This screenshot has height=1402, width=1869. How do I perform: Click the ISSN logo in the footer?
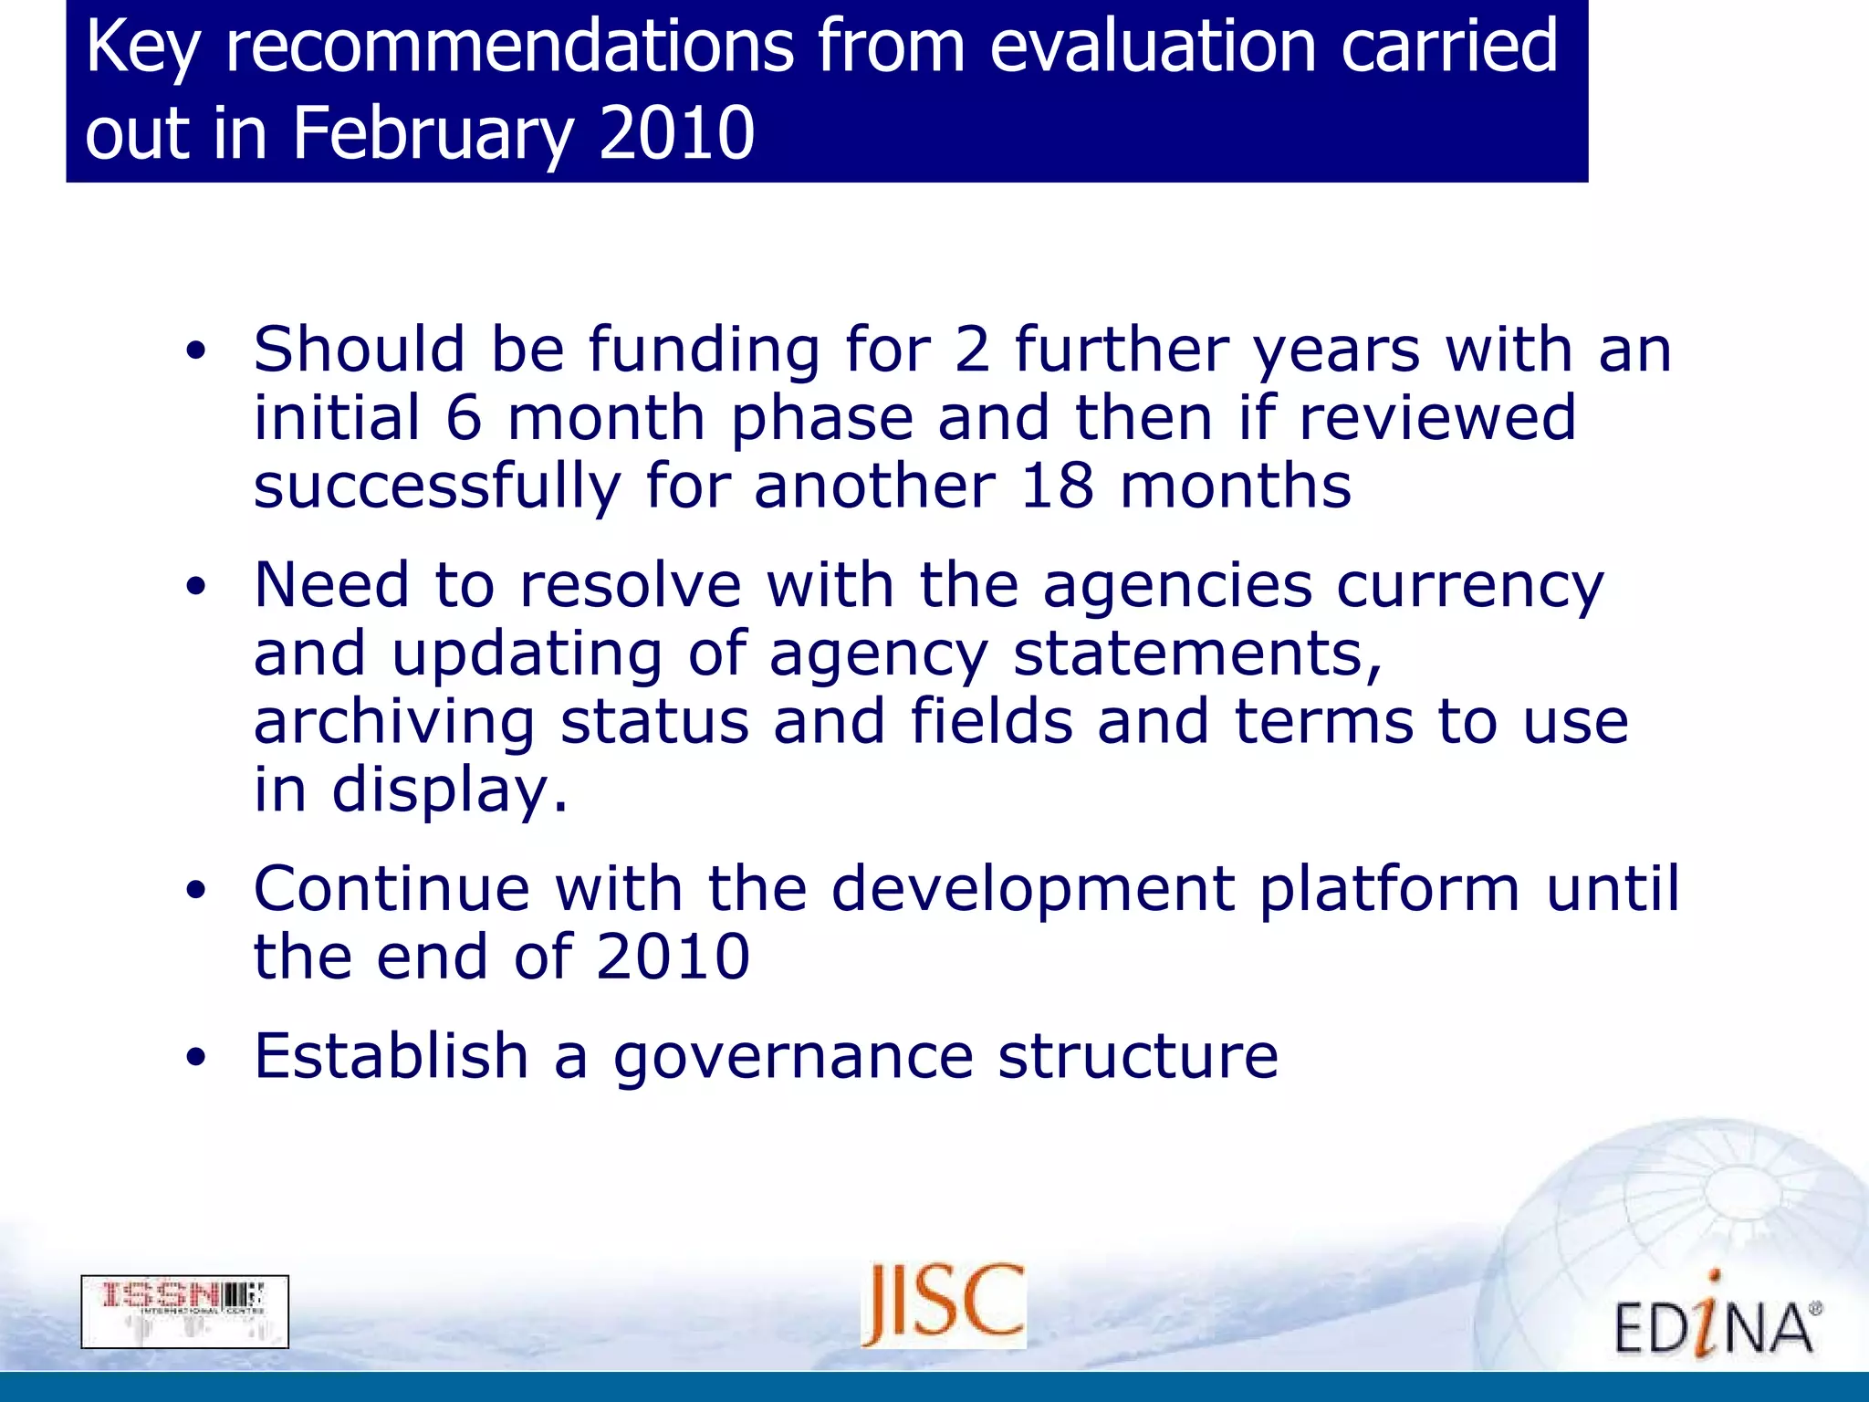point(184,1311)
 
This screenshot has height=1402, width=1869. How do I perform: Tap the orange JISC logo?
point(943,1304)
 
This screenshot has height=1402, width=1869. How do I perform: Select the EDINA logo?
point(1717,1320)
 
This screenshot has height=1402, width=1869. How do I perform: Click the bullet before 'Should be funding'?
point(195,351)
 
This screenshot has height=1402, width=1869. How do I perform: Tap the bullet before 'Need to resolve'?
point(195,587)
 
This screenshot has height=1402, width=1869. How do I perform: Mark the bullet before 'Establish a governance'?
point(195,1057)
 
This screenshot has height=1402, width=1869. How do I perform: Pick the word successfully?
point(437,487)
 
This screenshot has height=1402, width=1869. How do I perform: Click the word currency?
point(1469,586)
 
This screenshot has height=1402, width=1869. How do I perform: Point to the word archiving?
point(393,722)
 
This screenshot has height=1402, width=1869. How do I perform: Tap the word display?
point(449,790)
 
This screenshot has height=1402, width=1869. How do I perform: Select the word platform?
point(1389,889)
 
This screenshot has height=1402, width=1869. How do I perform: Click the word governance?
point(792,1058)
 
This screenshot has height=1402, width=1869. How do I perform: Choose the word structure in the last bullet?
point(1137,1056)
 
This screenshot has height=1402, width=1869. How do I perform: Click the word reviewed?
point(1436,418)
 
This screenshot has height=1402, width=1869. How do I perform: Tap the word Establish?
point(391,1056)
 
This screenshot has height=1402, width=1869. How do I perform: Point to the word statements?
point(1197,654)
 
